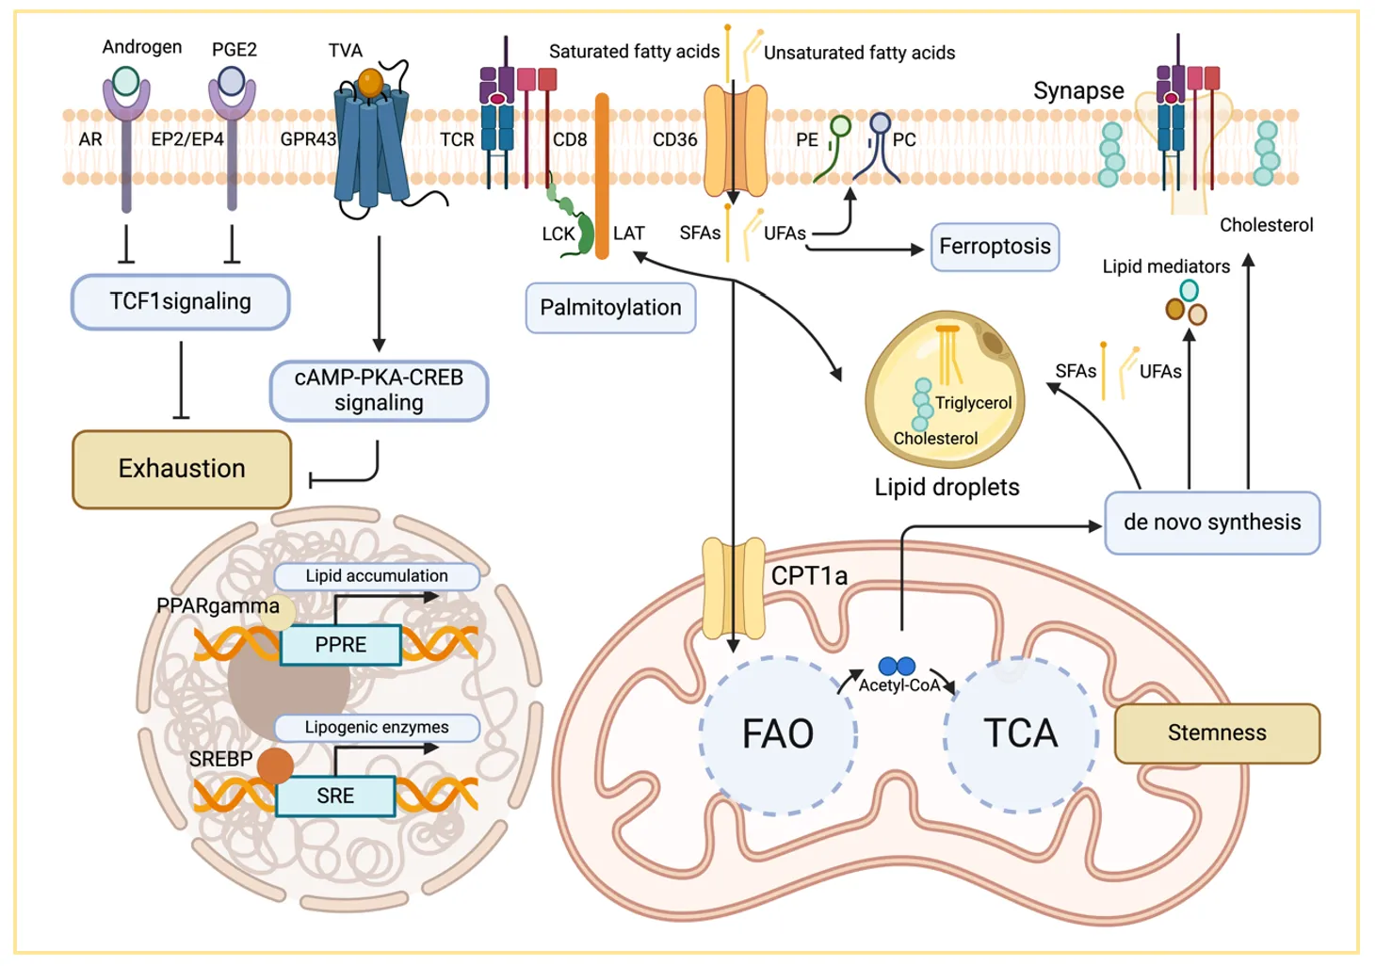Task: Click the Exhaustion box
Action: [x=182, y=469]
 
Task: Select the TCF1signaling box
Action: [x=180, y=302]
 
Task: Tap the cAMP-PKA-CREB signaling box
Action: [x=379, y=391]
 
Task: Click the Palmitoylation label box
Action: [x=610, y=308]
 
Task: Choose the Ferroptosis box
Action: [x=995, y=247]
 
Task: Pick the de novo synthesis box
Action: [x=1212, y=523]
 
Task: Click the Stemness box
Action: [x=1217, y=733]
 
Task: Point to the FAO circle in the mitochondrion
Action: [x=778, y=734]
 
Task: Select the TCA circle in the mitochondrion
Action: [x=1021, y=733]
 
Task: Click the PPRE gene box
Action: [x=341, y=645]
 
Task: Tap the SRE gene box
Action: [x=335, y=796]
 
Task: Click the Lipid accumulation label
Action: [x=377, y=576]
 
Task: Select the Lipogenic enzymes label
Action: [x=377, y=727]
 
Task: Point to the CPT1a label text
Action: [x=809, y=575]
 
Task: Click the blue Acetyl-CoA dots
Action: [x=897, y=667]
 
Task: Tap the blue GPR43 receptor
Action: [x=371, y=141]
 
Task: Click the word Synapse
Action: [x=1078, y=91]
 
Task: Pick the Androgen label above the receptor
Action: [x=142, y=47]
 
